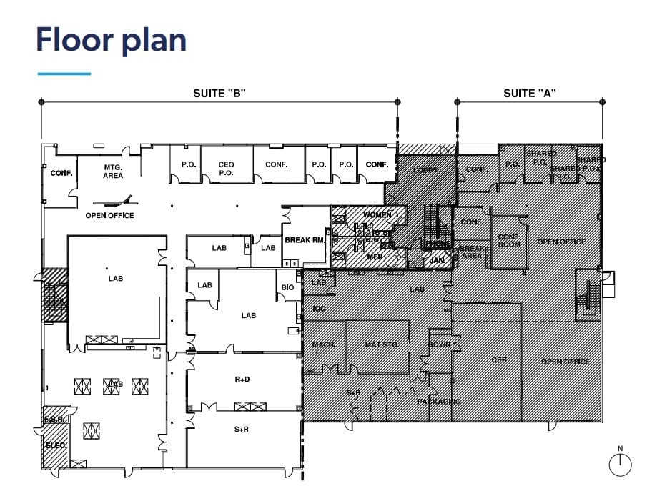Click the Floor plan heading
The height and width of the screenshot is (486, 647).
(111, 40)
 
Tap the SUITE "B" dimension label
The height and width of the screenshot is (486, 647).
(219, 93)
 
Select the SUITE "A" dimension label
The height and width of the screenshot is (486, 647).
(530, 93)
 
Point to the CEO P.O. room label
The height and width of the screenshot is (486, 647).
(226, 169)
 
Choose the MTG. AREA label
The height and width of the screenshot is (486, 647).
(112, 172)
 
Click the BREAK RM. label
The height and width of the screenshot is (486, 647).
(305, 240)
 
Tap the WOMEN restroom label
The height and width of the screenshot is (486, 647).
(377, 215)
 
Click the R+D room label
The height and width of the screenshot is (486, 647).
(242, 380)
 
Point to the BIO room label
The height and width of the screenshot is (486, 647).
(287, 287)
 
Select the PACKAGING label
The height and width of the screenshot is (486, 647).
(439, 402)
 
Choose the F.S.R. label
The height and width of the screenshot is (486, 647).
(55, 420)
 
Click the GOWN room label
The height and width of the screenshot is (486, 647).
(438, 344)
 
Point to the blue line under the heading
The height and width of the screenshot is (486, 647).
(64, 73)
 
